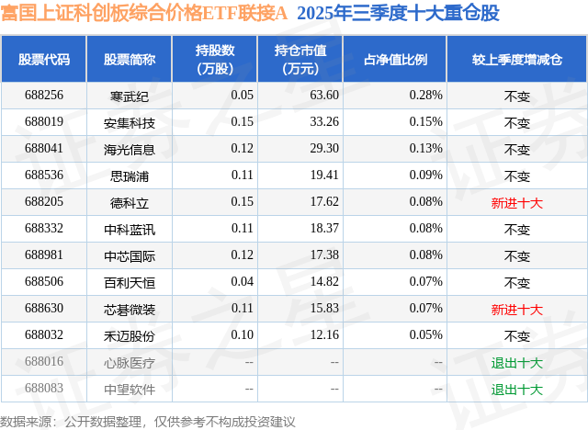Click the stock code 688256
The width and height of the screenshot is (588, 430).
[44, 95]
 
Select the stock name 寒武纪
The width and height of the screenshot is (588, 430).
[130, 95]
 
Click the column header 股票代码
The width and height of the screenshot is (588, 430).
[44, 60]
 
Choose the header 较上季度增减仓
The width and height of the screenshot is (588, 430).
[517, 60]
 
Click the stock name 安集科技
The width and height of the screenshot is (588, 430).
[130, 122]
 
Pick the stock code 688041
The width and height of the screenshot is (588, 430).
[44, 149]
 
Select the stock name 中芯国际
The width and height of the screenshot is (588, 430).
[130, 256]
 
